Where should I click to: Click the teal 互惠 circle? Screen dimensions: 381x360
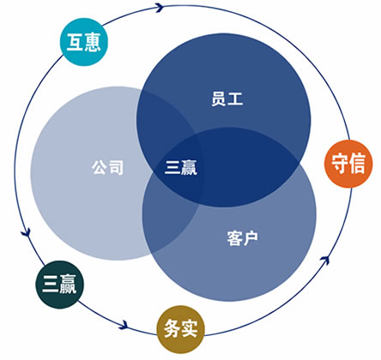84,42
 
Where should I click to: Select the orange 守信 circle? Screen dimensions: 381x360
348,164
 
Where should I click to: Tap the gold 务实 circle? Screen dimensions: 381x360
181,329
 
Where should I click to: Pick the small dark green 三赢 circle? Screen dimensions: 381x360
60,285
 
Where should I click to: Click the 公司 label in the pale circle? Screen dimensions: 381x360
107,167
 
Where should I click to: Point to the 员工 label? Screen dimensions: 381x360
227,99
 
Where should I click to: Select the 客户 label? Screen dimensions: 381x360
242,238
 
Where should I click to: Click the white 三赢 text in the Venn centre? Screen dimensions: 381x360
181,167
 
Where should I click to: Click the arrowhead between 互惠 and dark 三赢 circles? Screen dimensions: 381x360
27,231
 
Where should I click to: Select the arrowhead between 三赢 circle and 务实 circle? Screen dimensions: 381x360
124,325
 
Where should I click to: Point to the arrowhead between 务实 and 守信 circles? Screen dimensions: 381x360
325,260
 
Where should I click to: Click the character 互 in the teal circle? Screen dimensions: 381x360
75,42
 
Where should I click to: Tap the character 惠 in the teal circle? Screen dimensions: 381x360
93,42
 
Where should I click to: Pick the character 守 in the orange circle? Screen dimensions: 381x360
340,164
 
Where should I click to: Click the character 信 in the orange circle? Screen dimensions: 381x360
357,164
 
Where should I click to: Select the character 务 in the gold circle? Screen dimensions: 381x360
172,329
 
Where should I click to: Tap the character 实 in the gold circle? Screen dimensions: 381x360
190,329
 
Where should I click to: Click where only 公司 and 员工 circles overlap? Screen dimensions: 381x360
160,120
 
